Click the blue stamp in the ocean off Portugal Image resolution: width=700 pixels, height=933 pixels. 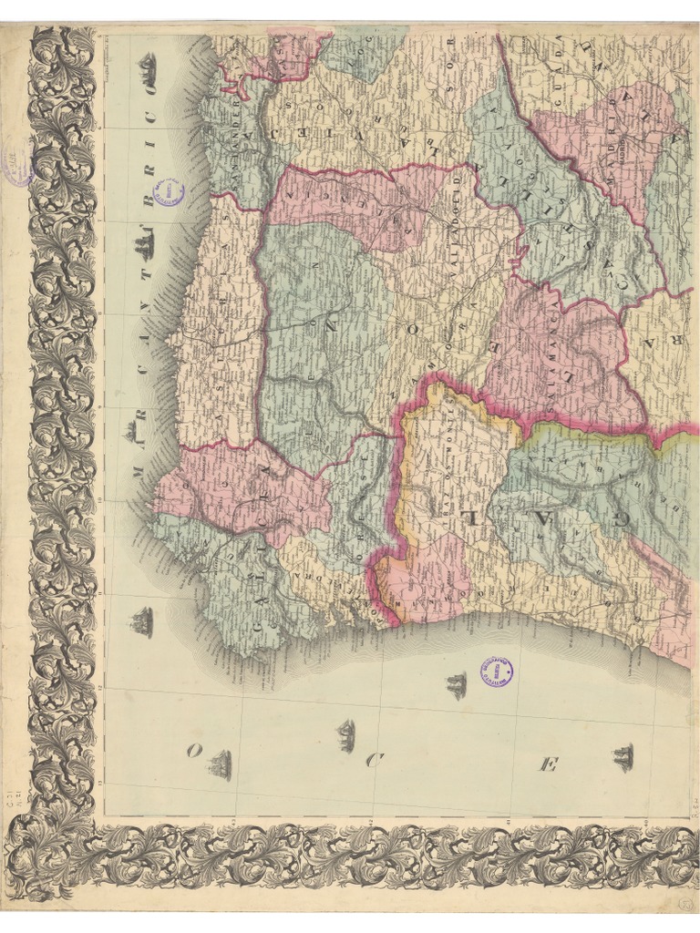[496, 672]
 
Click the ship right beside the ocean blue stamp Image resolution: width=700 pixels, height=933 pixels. [456, 685]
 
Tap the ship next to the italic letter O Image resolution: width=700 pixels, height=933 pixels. [219, 765]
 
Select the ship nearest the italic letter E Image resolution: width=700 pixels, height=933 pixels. [623, 756]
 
